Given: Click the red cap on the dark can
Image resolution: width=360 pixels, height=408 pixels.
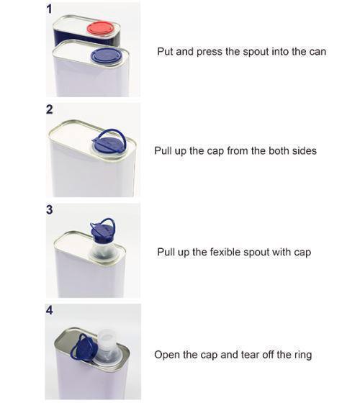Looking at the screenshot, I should (100, 29).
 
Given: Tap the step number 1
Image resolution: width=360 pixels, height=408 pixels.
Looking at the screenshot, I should (49, 8).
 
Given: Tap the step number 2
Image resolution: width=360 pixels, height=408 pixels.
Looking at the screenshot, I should (49, 110).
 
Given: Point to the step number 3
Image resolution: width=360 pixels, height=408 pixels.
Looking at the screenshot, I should (49, 210).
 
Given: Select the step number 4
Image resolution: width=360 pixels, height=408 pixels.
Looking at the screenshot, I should (49, 311).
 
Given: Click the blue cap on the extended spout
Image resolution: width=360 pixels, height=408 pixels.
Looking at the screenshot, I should (103, 232).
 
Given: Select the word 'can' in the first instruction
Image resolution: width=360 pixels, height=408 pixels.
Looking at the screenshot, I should (317, 52).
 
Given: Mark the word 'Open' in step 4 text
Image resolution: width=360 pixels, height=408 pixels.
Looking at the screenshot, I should (167, 355).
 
